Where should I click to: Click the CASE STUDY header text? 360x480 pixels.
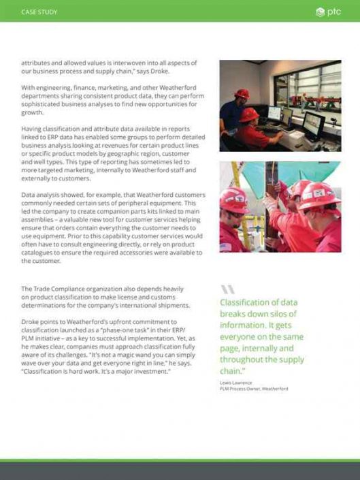pos(39,12)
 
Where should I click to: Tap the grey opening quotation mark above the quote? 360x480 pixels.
pos(227,289)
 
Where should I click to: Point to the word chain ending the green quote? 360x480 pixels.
pos(231,371)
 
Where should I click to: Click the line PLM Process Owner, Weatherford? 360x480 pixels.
pos(253,389)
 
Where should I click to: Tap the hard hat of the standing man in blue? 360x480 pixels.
pos(241,93)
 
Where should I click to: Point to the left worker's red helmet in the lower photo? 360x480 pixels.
pos(233,200)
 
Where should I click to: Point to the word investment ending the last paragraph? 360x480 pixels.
pos(150,372)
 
